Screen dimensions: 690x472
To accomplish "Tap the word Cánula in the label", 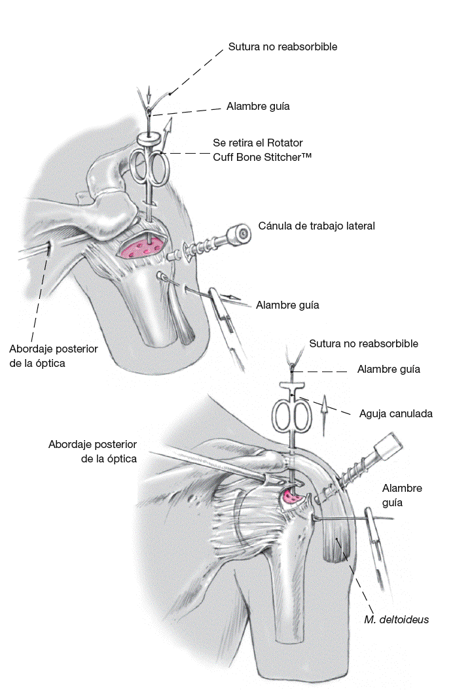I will (276, 226).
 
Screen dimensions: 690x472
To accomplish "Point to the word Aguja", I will (374, 413).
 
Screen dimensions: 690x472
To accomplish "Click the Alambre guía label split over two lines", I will (402, 496).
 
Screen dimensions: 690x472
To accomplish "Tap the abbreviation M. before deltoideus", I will (371, 619).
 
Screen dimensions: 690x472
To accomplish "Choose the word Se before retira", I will (219, 142).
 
